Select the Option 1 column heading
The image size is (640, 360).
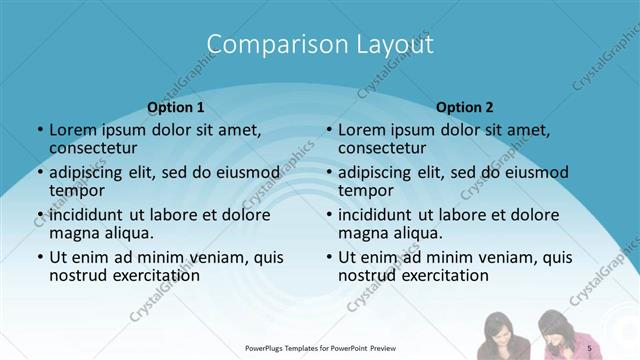coord(176,107)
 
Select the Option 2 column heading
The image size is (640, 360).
coord(465,107)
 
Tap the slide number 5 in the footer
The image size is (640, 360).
coord(590,347)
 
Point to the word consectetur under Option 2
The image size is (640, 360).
coord(382,148)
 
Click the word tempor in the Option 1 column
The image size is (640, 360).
coord(76,191)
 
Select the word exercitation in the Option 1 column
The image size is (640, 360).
coord(154,275)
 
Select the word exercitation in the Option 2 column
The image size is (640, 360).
coord(443,275)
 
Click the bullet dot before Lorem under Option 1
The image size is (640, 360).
coord(40,130)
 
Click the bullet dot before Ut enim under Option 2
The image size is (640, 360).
coord(330,257)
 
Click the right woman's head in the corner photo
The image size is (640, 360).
coord(554,326)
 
